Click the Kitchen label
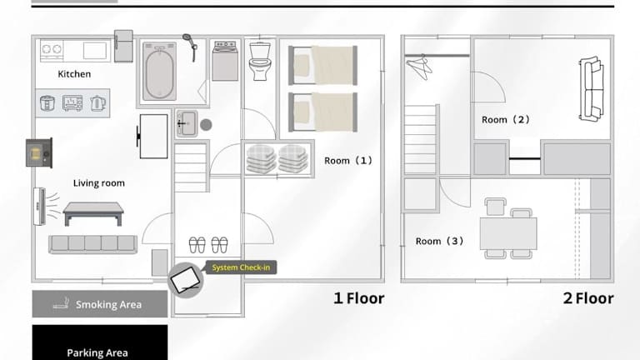tap(74, 74)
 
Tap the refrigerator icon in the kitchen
tap(123, 46)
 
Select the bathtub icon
tap(160, 71)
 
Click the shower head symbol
tap(191, 47)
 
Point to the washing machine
tap(225, 60)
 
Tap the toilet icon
tap(260, 61)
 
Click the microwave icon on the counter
tap(72, 102)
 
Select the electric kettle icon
tap(98, 103)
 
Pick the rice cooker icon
tap(47, 102)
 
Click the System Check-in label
tap(241, 267)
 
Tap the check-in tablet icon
tap(185, 280)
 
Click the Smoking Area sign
tap(100, 304)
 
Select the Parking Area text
tap(97, 352)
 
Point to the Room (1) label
tap(348, 160)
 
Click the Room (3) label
tap(440, 241)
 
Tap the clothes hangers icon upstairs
tap(419, 67)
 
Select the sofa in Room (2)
tap(591, 89)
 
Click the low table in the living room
tap(93, 213)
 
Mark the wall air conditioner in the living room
tap(40, 206)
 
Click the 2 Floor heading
tap(588, 298)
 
